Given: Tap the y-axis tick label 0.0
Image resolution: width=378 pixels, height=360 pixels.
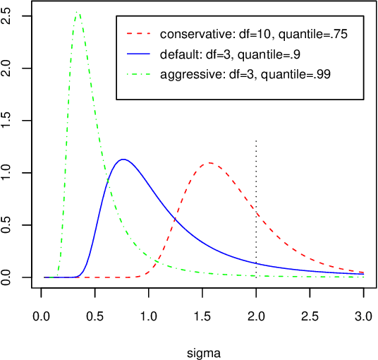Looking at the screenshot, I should [8, 277].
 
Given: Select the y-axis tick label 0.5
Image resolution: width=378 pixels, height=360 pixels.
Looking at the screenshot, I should [8, 225].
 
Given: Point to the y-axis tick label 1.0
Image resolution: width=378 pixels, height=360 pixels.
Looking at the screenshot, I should [8, 173].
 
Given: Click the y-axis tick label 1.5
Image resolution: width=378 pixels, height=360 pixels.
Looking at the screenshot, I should [8, 121].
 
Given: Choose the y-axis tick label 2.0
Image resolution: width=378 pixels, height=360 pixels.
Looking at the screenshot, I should [8, 68].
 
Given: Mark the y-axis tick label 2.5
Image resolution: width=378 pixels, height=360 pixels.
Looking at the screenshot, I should [8, 16].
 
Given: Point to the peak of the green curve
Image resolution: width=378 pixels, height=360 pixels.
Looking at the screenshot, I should [77, 12].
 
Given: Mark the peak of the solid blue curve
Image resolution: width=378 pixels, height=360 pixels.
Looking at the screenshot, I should [123, 160].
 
